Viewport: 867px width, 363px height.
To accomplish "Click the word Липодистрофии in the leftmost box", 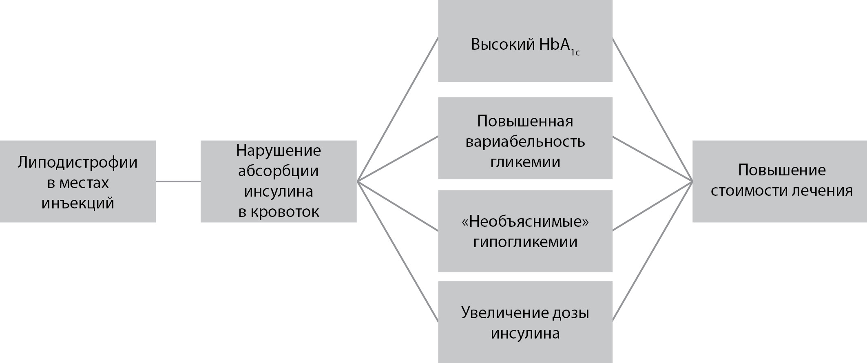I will (77, 162).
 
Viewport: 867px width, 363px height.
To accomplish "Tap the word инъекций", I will (77, 203).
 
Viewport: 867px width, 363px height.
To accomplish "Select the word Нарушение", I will (279, 151).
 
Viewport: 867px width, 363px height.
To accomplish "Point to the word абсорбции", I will (279, 171).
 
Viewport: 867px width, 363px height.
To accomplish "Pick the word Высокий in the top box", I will (502, 44).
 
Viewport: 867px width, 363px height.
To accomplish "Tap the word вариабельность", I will (525, 142).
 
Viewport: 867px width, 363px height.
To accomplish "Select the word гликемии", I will (525, 162).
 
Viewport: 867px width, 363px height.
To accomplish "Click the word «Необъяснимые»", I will (525, 221).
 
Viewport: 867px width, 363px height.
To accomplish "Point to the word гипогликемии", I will (525, 242).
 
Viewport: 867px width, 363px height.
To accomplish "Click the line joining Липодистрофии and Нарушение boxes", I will (178, 181).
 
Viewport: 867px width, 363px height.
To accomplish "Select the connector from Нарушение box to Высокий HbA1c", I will (398, 109).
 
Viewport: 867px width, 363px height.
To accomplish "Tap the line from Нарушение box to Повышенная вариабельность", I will (398, 159).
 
